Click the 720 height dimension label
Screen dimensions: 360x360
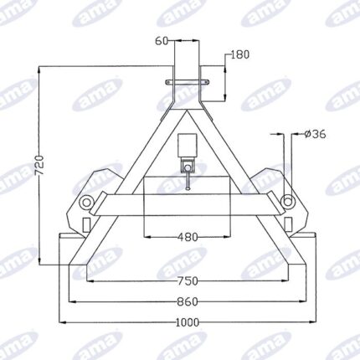point(40,165)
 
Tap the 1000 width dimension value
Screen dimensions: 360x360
point(188,322)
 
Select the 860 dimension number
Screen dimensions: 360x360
point(188,301)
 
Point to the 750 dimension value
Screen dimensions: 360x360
point(188,281)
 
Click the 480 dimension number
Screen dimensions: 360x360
point(188,237)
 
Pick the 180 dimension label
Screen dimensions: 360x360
point(239,54)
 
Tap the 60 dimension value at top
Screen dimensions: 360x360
point(162,41)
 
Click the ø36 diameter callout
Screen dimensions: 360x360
point(315,134)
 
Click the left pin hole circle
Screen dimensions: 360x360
point(86,202)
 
